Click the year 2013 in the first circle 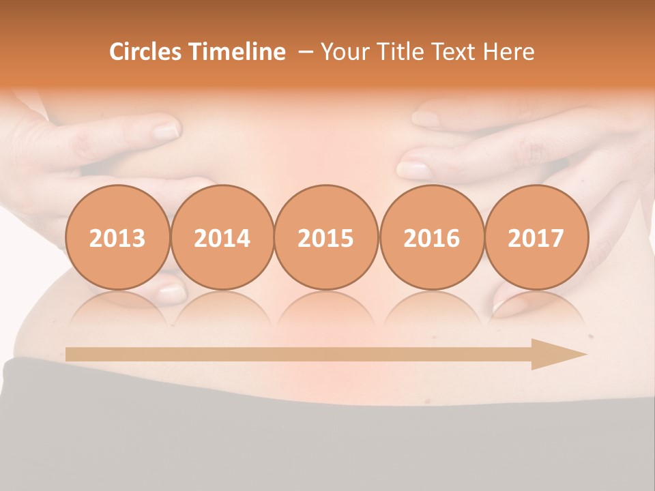(117, 238)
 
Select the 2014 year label (222, 238)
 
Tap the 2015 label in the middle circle (326, 238)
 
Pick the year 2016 (431, 238)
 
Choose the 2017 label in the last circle (536, 238)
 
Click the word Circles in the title (147, 52)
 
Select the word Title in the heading (397, 52)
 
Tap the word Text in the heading (453, 52)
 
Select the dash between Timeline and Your (305, 52)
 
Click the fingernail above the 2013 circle (165, 130)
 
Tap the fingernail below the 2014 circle (171, 294)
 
